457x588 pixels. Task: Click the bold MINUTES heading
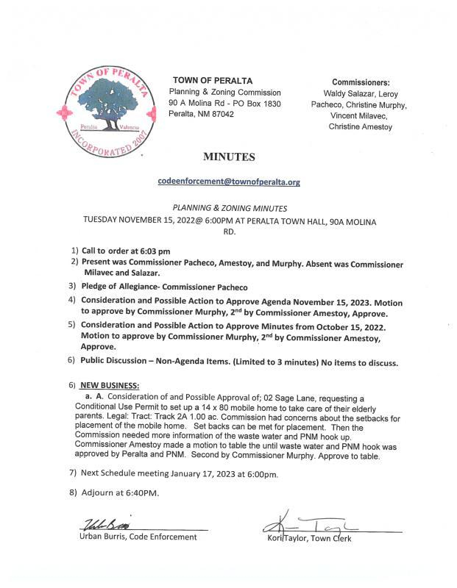228,157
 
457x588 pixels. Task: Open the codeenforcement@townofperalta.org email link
228,181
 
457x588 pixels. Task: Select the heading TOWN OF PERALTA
213,80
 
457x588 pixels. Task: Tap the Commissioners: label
361,82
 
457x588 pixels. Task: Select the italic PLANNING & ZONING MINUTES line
228,209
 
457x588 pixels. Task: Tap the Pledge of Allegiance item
164,287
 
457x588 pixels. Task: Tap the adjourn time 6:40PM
140,492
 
